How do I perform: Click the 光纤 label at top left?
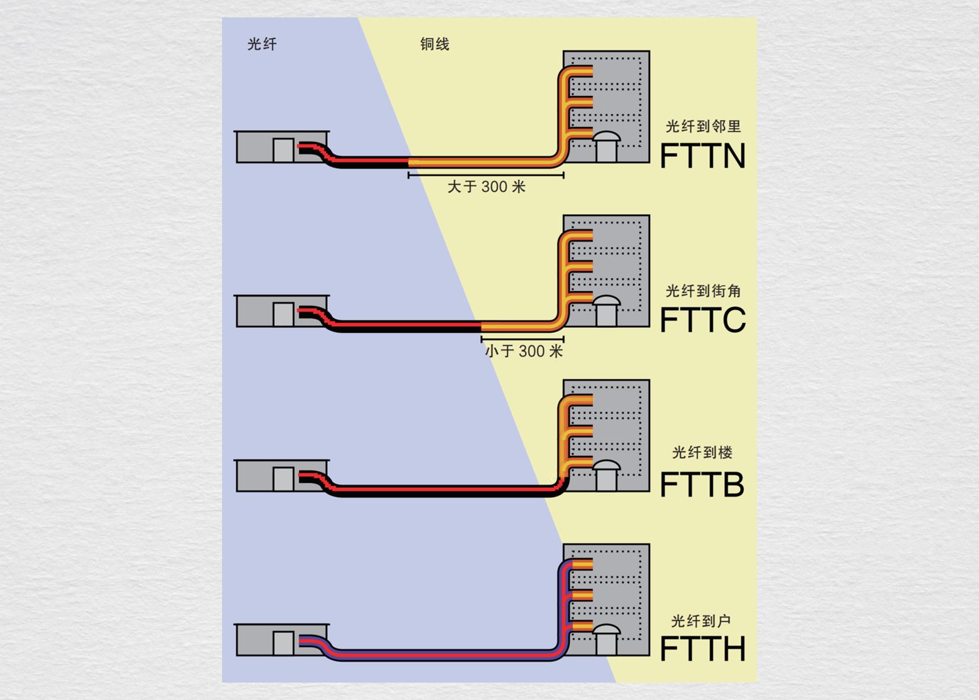point(262,44)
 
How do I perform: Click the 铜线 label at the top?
point(434,44)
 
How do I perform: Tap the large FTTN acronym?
point(702,156)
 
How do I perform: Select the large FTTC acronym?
point(702,320)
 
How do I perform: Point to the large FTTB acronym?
point(702,485)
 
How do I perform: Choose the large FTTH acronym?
point(702,649)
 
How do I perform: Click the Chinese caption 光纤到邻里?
point(703,126)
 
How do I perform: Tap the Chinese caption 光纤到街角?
point(703,291)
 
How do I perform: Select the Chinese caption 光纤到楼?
point(702,452)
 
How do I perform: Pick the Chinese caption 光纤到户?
point(701,620)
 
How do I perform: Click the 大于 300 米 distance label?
point(486,187)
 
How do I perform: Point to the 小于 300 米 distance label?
point(524,351)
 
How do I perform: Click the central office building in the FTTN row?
point(282,147)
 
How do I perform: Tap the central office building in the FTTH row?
point(282,640)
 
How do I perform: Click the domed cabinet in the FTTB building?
point(606,475)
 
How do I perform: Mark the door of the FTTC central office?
point(283,314)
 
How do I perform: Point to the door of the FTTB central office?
point(283,478)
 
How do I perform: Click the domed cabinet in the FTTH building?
point(606,640)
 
